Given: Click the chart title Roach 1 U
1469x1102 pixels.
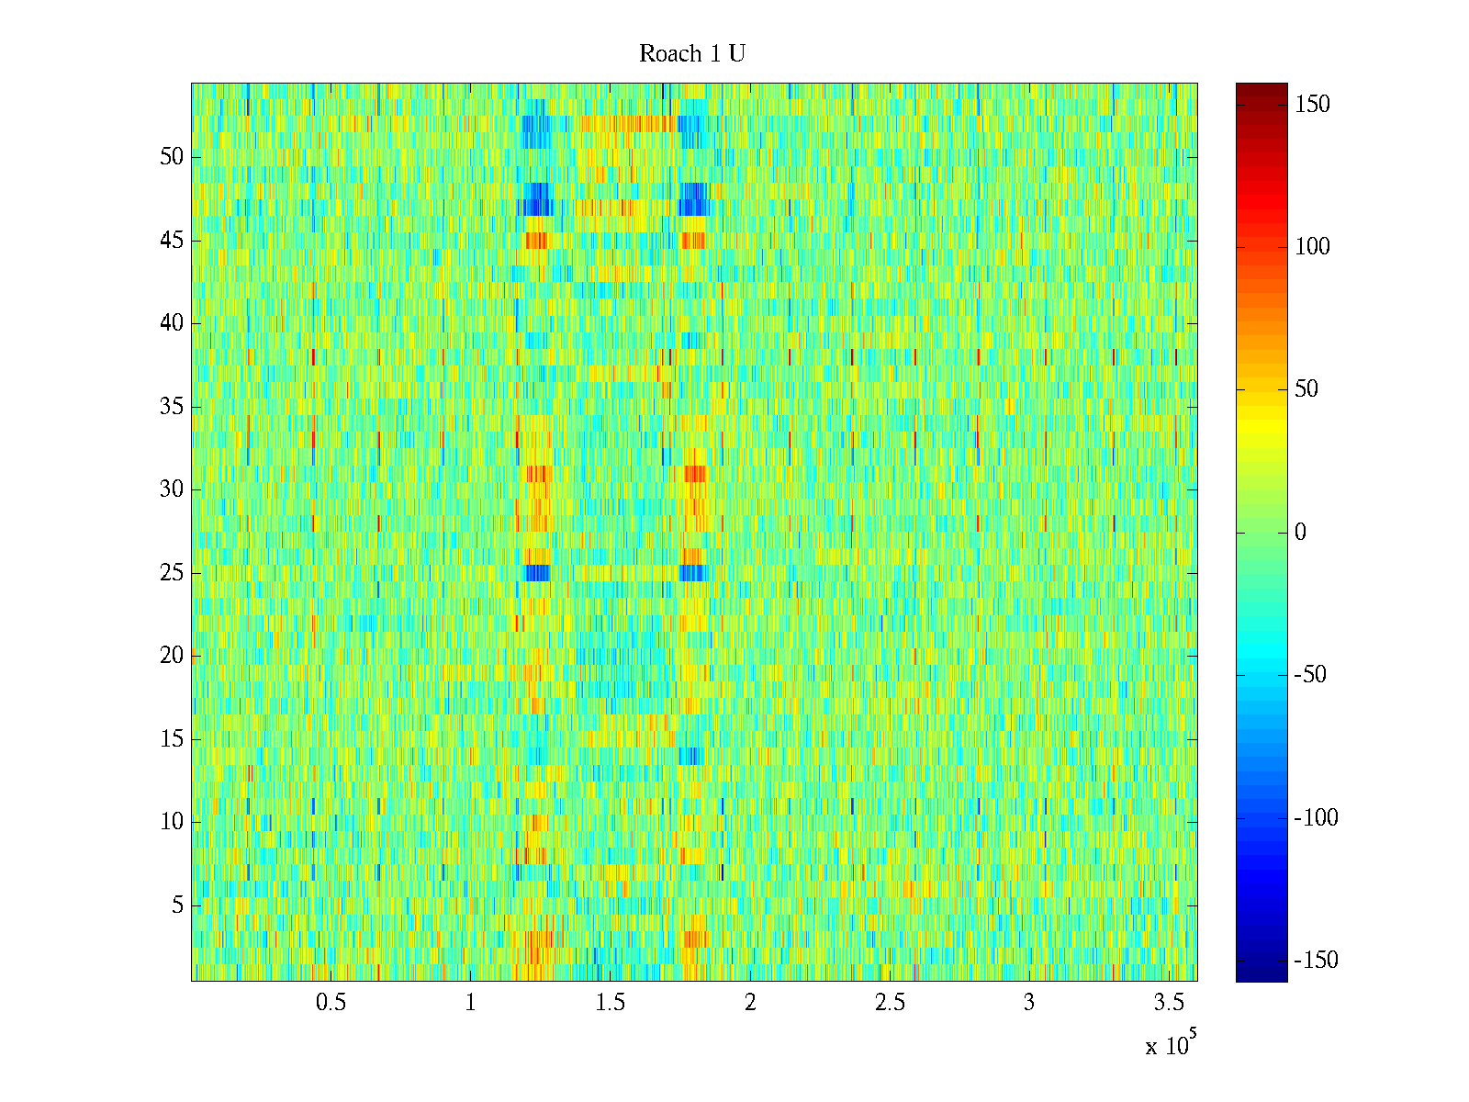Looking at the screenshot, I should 692,54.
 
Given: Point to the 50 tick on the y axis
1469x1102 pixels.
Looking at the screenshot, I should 172,157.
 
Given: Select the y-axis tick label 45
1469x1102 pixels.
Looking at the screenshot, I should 172,241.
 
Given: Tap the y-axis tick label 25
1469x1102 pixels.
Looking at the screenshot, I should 172,573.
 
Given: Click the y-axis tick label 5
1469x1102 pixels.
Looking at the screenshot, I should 177,905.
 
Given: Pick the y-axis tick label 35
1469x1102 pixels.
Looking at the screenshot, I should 172,407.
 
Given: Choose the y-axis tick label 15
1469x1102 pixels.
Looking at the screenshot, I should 172,739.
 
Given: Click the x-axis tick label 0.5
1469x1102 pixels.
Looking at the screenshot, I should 331,1003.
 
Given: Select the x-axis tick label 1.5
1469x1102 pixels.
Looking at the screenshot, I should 611,1003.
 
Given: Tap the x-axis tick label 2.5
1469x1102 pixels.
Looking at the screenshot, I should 890,1003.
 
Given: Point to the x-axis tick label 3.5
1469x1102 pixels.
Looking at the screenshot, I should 1169,1003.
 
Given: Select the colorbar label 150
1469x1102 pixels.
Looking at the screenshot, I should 1312,105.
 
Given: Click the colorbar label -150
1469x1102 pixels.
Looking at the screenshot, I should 1316,961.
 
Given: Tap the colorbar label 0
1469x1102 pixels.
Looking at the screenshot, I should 1300,533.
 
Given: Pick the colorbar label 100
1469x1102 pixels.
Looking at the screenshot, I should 1312,247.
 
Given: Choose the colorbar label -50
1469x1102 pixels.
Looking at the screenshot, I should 1310,675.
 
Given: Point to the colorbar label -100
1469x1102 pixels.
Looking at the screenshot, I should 1316,818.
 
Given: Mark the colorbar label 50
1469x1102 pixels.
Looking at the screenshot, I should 1306,389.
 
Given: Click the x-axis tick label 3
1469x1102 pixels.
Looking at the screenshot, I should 1029,1003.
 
